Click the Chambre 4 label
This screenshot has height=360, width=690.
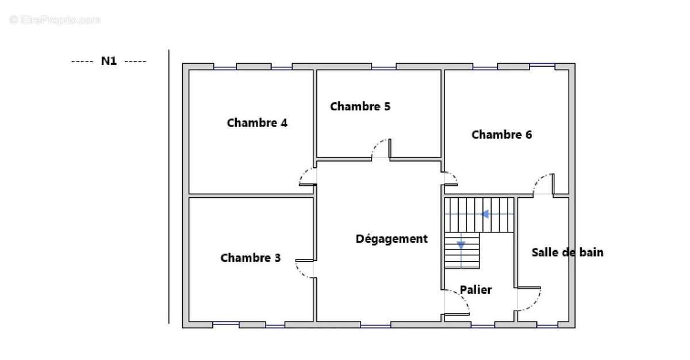(257, 122)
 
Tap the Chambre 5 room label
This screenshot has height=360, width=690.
(360, 106)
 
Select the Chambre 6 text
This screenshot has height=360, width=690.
(501, 135)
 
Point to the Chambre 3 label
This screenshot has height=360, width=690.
(251, 258)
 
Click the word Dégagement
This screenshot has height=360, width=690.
(392, 239)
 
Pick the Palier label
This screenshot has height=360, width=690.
(476, 290)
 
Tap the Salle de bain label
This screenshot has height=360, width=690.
(567, 252)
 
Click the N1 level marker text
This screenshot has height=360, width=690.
(109, 61)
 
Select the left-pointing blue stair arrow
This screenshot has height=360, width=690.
(485, 215)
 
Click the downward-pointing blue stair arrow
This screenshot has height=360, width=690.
(461, 246)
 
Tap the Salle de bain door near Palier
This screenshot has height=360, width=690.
(529, 298)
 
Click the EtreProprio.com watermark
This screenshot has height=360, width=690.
(55, 20)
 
